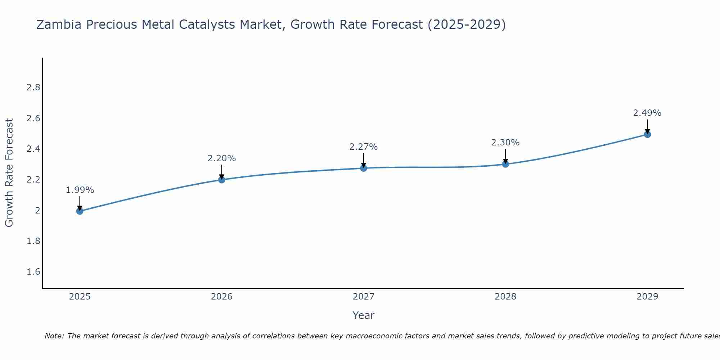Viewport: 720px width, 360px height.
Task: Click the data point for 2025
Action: click(x=80, y=211)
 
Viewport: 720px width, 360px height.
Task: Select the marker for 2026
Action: click(x=222, y=180)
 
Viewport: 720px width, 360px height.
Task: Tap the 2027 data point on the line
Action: click(x=364, y=168)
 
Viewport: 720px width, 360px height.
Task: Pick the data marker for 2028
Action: click(x=505, y=164)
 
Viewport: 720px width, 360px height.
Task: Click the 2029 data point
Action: click(x=647, y=135)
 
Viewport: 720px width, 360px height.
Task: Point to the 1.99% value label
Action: click(x=80, y=190)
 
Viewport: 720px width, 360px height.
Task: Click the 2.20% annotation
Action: click(x=222, y=158)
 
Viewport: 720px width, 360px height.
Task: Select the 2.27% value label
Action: click(x=364, y=147)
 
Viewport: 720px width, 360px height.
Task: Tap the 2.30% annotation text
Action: click(x=505, y=143)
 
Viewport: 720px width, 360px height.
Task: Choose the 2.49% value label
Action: click(x=647, y=113)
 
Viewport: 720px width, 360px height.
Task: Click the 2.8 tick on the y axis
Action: click(x=33, y=88)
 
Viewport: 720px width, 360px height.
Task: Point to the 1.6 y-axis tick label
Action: click(x=33, y=272)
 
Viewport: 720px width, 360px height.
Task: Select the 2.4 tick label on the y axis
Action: click(x=33, y=149)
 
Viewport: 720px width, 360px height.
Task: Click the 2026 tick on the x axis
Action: click(x=222, y=297)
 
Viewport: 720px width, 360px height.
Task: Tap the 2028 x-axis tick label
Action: click(x=505, y=297)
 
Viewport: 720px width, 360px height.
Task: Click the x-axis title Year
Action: click(x=364, y=315)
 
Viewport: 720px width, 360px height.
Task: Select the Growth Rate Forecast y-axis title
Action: click(x=9, y=173)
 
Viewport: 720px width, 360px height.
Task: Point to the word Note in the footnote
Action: click(x=54, y=336)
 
